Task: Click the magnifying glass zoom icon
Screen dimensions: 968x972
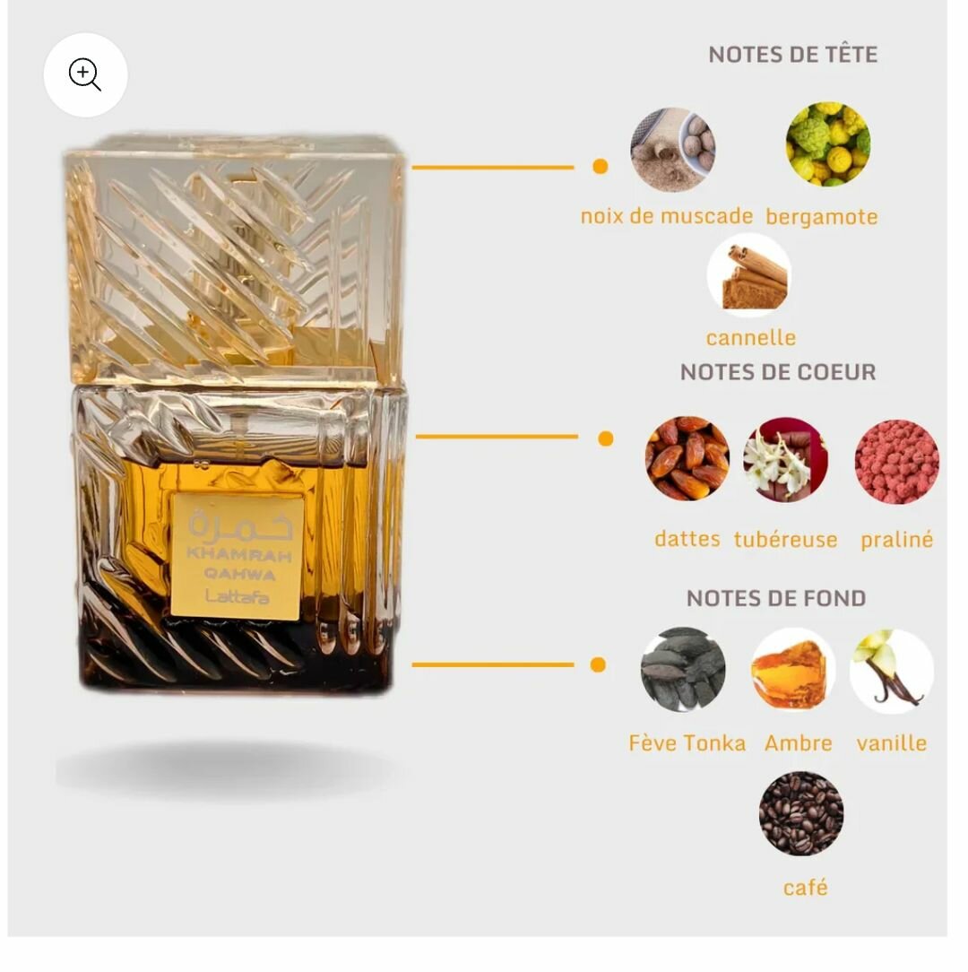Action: [85, 75]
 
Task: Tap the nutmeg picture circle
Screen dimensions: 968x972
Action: [673, 150]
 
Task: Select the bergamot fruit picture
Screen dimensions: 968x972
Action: [828, 143]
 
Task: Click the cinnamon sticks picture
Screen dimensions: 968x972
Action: [749, 275]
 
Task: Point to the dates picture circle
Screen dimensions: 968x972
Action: [687, 458]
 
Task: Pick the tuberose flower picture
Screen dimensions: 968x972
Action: [785, 459]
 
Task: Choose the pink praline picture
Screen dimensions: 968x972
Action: [896, 461]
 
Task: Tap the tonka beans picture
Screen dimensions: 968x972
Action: [683, 670]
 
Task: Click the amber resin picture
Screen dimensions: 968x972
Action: [793, 671]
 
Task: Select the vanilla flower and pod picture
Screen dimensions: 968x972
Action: [892, 671]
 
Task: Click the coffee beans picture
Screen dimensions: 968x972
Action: [801, 813]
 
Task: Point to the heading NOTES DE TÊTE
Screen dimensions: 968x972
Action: [792, 55]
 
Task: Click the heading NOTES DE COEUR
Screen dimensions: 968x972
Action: [778, 372]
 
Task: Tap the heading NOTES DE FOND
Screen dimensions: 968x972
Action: [776, 598]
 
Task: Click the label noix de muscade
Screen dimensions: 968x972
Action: [666, 216]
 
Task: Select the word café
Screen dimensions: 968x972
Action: [805, 887]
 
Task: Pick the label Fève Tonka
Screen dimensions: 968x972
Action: [687, 742]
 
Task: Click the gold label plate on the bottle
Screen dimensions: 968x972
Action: [237, 555]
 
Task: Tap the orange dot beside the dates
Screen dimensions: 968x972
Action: [606, 438]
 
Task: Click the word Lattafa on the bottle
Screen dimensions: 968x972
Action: [238, 596]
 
